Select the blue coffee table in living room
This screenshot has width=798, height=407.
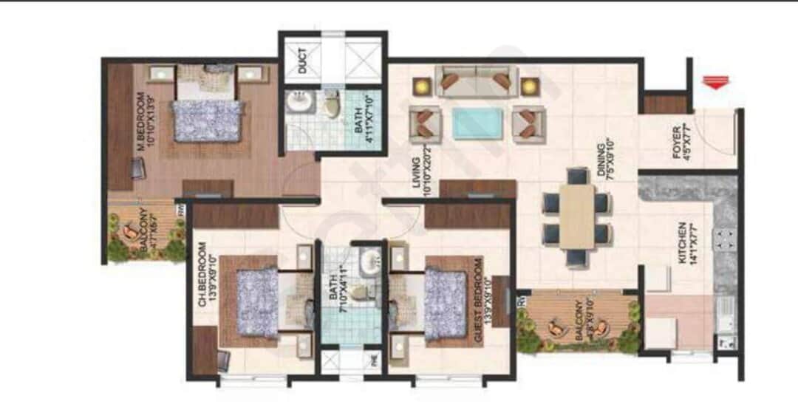[477, 122]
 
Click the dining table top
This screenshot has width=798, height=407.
[577, 216]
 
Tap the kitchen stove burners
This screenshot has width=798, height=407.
[725, 239]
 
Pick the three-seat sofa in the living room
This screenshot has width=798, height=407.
[476, 81]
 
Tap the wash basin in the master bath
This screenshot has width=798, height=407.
[299, 103]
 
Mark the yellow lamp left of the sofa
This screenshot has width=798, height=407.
[421, 86]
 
